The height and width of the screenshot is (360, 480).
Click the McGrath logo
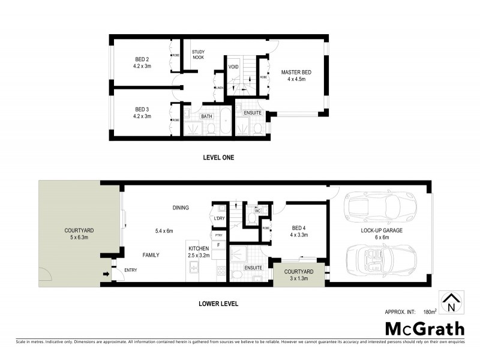pyautogui.click(x=425, y=328)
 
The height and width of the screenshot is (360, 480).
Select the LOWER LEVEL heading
pyautogui.click(x=218, y=304)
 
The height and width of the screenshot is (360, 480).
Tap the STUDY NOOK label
pyautogui.click(x=199, y=55)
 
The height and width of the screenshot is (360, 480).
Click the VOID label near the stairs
pyautogui.click(x=234, y=67)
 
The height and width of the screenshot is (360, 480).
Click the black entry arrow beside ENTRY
pyautogui.click(x=107, y=275)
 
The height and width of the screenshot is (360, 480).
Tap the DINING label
pyautogui.click(x=181, y=208)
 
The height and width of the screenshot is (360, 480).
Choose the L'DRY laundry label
pyautogui.click(x=219, y=218)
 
